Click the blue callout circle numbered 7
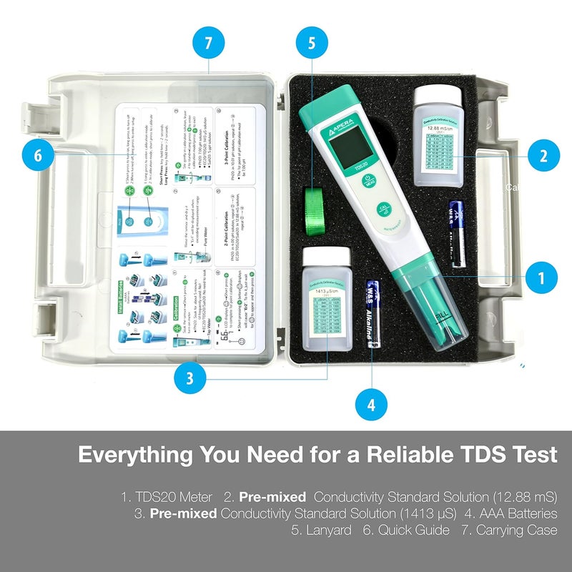[x=208, y=43]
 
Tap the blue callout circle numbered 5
[x=311, y=43]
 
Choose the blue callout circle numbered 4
[x=371, y=405]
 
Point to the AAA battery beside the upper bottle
[x=455, y=224]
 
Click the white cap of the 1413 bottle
[x=326, y=256]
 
